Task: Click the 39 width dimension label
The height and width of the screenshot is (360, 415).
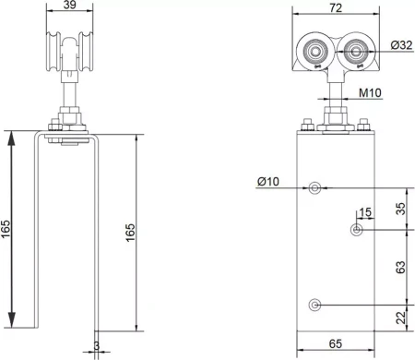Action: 69,5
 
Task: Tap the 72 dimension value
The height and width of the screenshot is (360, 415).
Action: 336,8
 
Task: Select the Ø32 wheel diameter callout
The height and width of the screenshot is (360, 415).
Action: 401,45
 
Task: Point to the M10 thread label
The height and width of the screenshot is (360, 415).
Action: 371,92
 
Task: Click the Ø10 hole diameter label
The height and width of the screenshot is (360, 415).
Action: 268,182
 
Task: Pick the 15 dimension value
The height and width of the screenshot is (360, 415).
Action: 365,212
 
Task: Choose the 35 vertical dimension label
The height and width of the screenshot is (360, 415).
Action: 401,209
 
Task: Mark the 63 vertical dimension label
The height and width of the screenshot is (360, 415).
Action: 401,267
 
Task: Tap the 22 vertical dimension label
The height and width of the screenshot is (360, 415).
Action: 401,318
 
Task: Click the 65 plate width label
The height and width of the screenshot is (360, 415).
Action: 336,343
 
